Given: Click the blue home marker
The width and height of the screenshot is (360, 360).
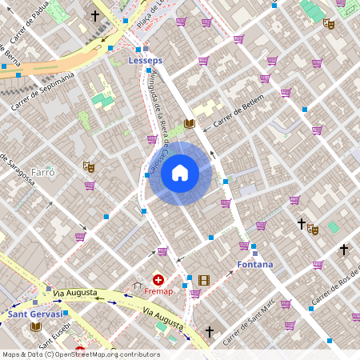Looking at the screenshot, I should coord(180,171).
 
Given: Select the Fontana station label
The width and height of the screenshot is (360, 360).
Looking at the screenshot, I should coord(254,264).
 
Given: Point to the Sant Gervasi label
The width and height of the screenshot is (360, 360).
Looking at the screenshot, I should coord(35,314).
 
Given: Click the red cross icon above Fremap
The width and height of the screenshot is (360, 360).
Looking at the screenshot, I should coord(158,280).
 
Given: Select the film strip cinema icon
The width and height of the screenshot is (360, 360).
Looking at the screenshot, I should coord(203,280).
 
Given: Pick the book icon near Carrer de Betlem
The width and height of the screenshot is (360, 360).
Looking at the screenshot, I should coord(189,123).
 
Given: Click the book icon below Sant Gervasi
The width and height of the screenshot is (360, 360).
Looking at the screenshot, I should coord(35,326).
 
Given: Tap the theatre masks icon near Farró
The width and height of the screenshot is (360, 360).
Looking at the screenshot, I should coord(88,166).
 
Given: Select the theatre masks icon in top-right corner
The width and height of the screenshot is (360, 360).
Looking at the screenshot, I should coord(328,24).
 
